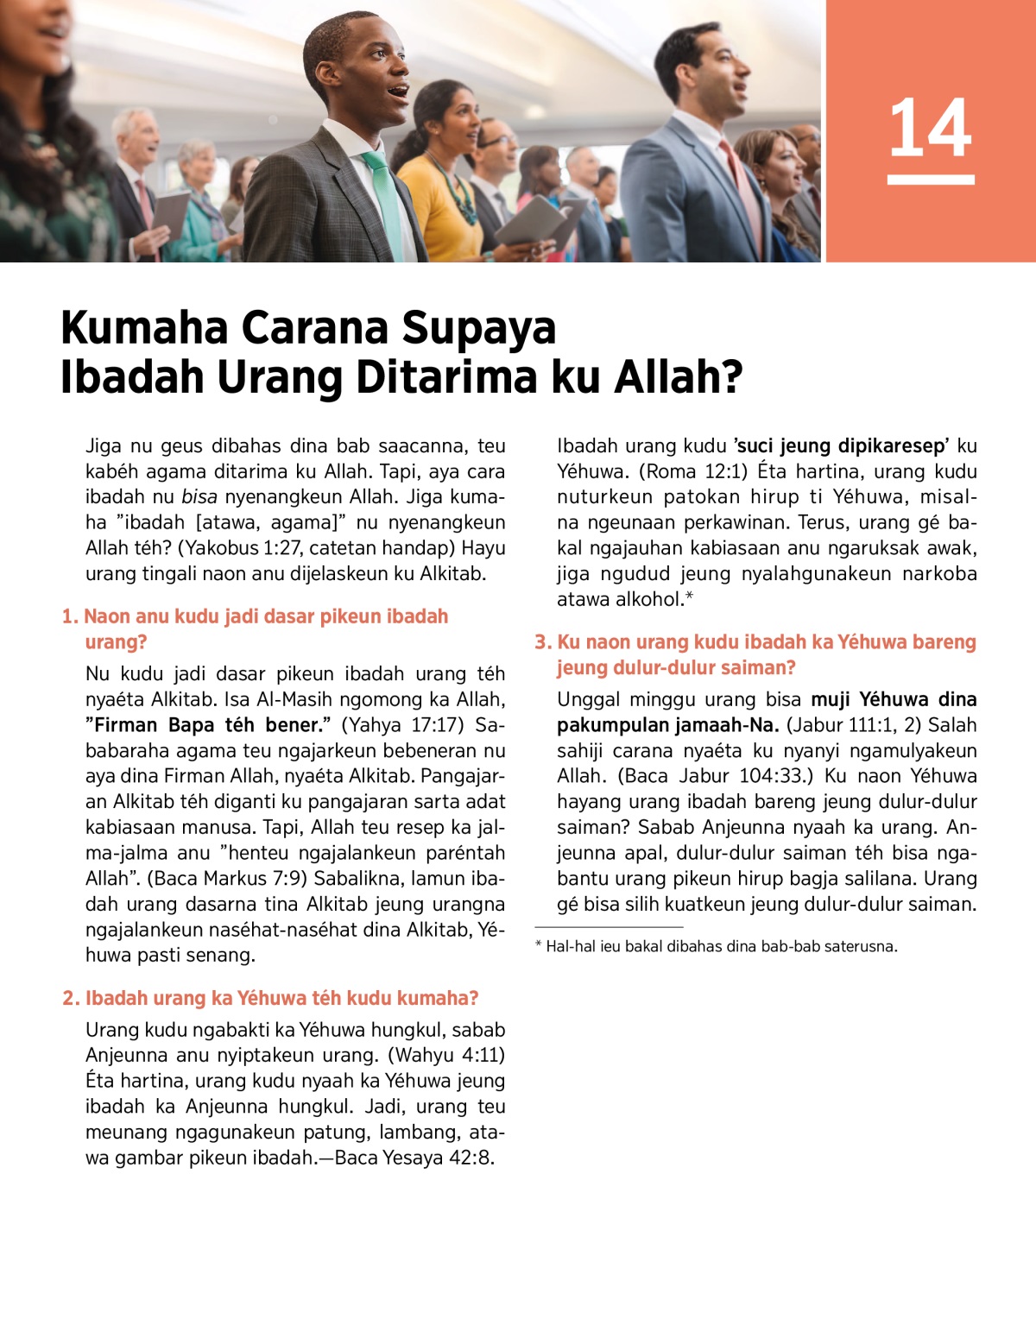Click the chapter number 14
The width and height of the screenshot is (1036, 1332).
click(930, 128)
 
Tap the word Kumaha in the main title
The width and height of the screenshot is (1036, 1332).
click(143, 329)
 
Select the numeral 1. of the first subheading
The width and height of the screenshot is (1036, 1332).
click(70, 616)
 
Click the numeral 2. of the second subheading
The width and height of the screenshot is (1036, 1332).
click(71, 999)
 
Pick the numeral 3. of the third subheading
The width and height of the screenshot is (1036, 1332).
click(543, 642)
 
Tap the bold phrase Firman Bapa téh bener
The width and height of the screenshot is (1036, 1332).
click(208, 725)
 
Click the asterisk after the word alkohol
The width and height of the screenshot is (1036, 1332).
click(689, 597)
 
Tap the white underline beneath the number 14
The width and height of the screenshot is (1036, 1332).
click(930, 180)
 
